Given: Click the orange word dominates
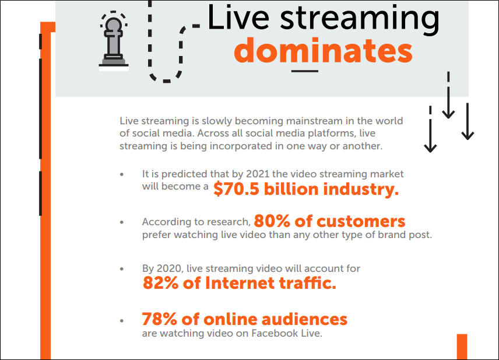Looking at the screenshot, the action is click(x=324, y=51).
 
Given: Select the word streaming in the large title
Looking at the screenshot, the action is click(x=360, y=19).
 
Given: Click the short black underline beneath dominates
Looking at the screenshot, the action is click(x=304, y=71).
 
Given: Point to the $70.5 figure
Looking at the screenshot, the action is click(x=237, y=189).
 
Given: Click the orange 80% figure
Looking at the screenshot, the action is click(x=272, y=221).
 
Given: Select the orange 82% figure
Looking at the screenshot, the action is click(x=160, y=283).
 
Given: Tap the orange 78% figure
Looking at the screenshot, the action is click(x=160, y=319).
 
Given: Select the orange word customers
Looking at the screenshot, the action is click(x=361, y=221).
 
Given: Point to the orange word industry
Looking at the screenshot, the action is click(x=361, y=189).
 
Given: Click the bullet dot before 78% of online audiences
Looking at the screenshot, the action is click(x=122, y=320).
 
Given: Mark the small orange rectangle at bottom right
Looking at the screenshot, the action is click(x=462, y=347).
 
